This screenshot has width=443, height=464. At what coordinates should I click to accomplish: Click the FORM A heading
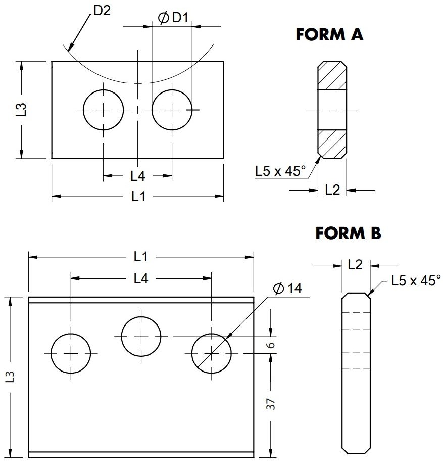tap(329, 35)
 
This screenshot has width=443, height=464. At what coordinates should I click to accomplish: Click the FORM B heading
tap(348, 234)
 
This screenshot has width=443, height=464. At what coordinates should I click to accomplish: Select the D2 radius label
tap(102, 11)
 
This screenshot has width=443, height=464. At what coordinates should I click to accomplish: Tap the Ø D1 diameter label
tap(173, 18)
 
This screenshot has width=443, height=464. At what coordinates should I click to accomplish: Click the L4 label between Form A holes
tap(137, 176)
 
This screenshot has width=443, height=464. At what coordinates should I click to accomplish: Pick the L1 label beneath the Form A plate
tap(138, 196)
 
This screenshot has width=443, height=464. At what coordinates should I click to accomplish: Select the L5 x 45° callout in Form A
tap(280, 171)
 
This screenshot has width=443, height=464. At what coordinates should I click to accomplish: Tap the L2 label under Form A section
tap(332, 190)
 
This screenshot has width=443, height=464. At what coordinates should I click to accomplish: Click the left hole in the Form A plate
tap(104, 110)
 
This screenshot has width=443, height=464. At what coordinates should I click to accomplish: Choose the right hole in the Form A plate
tap(172, 110)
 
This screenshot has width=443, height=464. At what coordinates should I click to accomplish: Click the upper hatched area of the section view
tap(332, 76)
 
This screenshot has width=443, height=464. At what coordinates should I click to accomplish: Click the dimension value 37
tap(271, 403)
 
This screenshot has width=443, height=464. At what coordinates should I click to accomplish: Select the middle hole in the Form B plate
tap(141, 336)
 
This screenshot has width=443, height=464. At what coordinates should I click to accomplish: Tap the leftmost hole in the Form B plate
tap(71, 353)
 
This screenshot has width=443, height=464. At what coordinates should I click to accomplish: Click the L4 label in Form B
tap(141, 277)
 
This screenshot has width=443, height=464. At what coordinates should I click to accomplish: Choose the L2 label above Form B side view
tap(356, 264)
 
